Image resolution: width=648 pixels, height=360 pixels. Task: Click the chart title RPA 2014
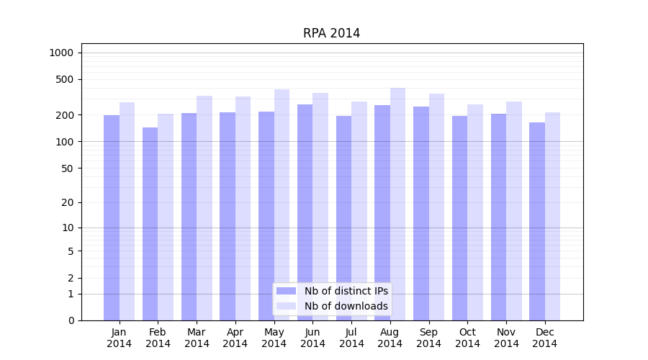(x=331, y=33)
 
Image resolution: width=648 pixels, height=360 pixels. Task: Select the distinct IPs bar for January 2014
(x=112, y=216)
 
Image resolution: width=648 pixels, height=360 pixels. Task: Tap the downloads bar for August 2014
(x=397, y=202)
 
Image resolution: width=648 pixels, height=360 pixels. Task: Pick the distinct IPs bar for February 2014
(x=150, y=223)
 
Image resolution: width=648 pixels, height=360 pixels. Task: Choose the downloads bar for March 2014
(x=204, y=209)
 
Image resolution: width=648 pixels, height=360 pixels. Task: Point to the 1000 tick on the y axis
(x=61, y=53)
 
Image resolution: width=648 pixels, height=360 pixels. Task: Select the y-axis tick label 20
(x=68, y=202)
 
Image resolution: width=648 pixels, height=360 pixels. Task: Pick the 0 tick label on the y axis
(x=71, y=320)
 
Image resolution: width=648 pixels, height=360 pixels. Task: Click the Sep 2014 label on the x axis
(x=428, y=338)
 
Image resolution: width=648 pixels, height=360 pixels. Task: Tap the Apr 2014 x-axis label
(x=235, y=338)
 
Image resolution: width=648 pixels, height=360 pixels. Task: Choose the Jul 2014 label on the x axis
(x=351, y=338)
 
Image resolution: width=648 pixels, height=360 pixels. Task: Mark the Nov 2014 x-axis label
(x=506, y=338)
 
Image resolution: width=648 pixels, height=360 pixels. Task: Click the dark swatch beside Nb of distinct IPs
(x=287, y=291)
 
